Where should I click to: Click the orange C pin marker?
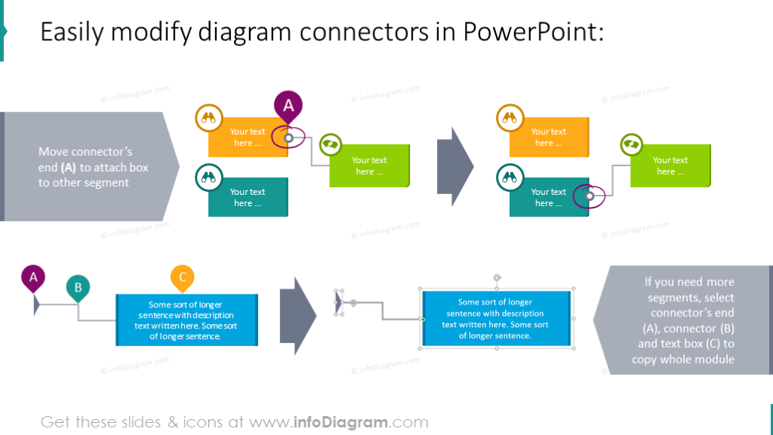(x=183, y=277)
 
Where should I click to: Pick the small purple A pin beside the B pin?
(x=33, y=278)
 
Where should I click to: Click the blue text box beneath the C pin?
(x=186, y=320)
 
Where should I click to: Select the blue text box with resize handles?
(x=496, y=319)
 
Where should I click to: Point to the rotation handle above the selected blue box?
(x=497, y=278)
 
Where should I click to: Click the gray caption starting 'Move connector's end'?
(x=93, y=167)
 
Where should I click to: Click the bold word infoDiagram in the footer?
(x=351, y=422)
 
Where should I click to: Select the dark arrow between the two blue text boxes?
(x=297, y=310)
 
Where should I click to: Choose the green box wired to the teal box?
(x=670, y=166)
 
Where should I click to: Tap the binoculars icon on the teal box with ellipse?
(x=510, y=179)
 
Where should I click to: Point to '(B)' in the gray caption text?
(x=722, y=329)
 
